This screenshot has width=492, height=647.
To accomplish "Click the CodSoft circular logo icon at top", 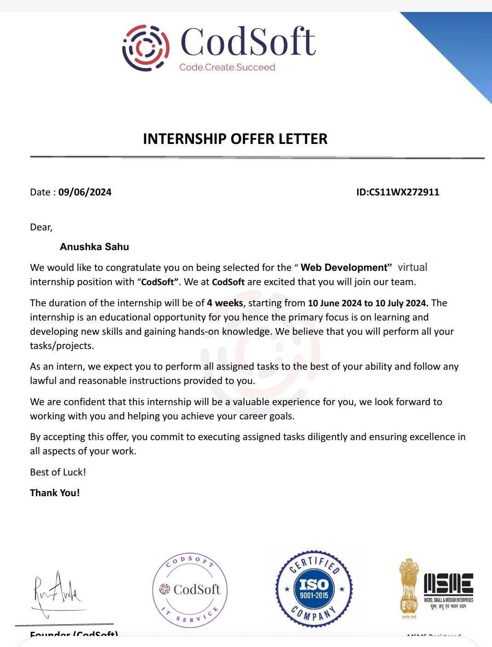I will pos(146,48).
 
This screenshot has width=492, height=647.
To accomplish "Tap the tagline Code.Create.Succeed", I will pos(227,67).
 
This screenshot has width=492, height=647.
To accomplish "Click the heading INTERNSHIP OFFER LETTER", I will pos(235,139).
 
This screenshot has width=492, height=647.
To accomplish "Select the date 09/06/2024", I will pos(85,192).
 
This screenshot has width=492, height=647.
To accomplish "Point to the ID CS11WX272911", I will pos(398,192).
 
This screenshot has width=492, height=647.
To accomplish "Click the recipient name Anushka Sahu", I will pos(94,247).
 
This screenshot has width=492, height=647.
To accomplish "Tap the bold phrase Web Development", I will pos(344,268).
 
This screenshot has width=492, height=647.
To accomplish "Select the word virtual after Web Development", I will pos(412,267).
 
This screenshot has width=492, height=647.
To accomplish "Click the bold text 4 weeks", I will pos(225,303).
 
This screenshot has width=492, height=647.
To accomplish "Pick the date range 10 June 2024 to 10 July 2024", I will pos(368,303).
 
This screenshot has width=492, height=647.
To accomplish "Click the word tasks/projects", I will pos(62,346).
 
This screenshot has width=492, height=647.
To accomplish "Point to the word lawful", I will pos(43,381).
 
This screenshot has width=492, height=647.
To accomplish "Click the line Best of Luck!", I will pos(58,472).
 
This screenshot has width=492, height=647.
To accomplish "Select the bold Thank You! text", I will pos(55,493).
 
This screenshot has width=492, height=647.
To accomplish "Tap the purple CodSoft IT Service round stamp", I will pos(189,590).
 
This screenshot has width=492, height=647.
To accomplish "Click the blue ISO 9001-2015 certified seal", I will pos(314,589).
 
